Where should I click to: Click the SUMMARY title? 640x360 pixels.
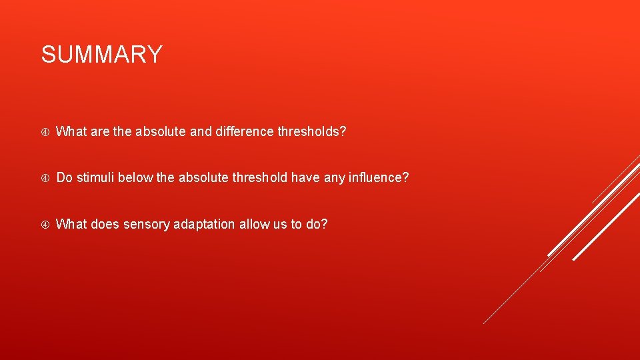click(x=101, y=55)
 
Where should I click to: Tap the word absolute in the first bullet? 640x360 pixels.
click(x=161, y=131)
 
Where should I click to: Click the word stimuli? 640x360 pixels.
click(x=95, y=177)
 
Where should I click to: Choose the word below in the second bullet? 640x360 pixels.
click(x=136, y=177)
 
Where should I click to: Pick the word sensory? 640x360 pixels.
click(x=146, y=224)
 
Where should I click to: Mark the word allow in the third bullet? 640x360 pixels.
click(x=255, y=224)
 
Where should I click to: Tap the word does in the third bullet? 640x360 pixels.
click(x=104, y=224)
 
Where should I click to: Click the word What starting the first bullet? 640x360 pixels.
click(x=70, y=131)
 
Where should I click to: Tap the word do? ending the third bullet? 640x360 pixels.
click(x=317, y=224)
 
